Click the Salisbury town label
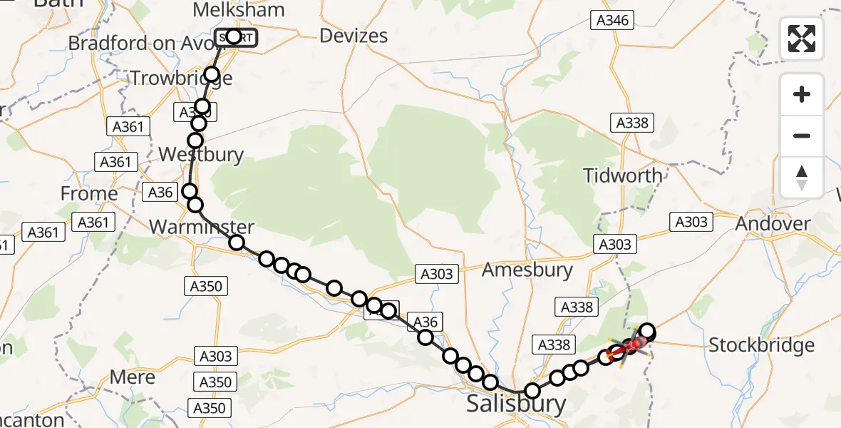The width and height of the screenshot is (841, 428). (516, 404)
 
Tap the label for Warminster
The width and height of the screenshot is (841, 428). (202, 228)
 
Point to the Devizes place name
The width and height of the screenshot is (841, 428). (354, 36)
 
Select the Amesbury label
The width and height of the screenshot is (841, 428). (527, 270)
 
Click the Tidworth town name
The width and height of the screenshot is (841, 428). (622, 175)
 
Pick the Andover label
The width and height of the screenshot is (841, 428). (773, 224)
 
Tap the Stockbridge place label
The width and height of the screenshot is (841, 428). (761, 346)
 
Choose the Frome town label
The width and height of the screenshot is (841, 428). (89, 193)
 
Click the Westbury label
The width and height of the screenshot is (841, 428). (201, 155)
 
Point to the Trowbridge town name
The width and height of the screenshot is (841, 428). (181, 78)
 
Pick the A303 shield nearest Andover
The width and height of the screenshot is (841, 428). (691, 222)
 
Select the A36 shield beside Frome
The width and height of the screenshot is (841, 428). (160, 192)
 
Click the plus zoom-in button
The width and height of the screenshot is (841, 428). (802, 95)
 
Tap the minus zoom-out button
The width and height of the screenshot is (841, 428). (802, 136)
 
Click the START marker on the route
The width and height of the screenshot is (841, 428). (234, 37)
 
